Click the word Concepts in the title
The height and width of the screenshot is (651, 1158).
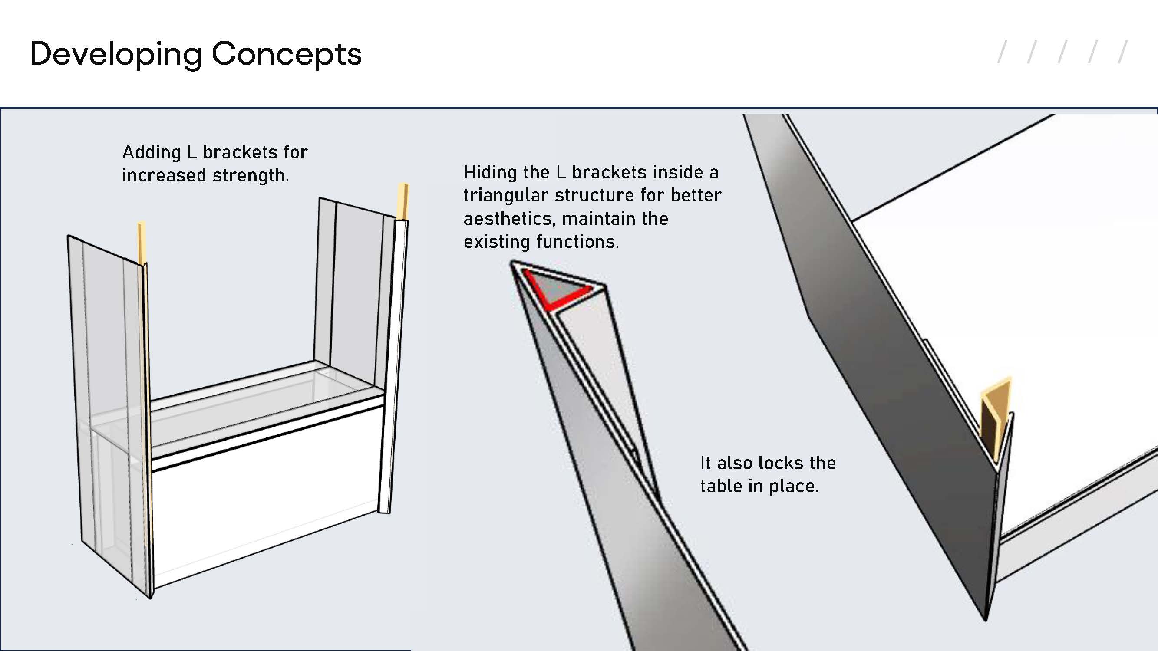[x=287, y=53]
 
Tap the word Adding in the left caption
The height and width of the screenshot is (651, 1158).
[x=152, y=152]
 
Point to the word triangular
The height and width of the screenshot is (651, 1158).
[x=506, y=195]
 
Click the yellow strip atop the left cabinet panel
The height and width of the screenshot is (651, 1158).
[x=142, y=243]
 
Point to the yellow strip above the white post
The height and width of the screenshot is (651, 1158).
[x=403, y=201]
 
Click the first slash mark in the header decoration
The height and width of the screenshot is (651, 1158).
[x=1002, y=52]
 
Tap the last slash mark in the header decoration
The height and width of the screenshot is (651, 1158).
[x=1123, y=52]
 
